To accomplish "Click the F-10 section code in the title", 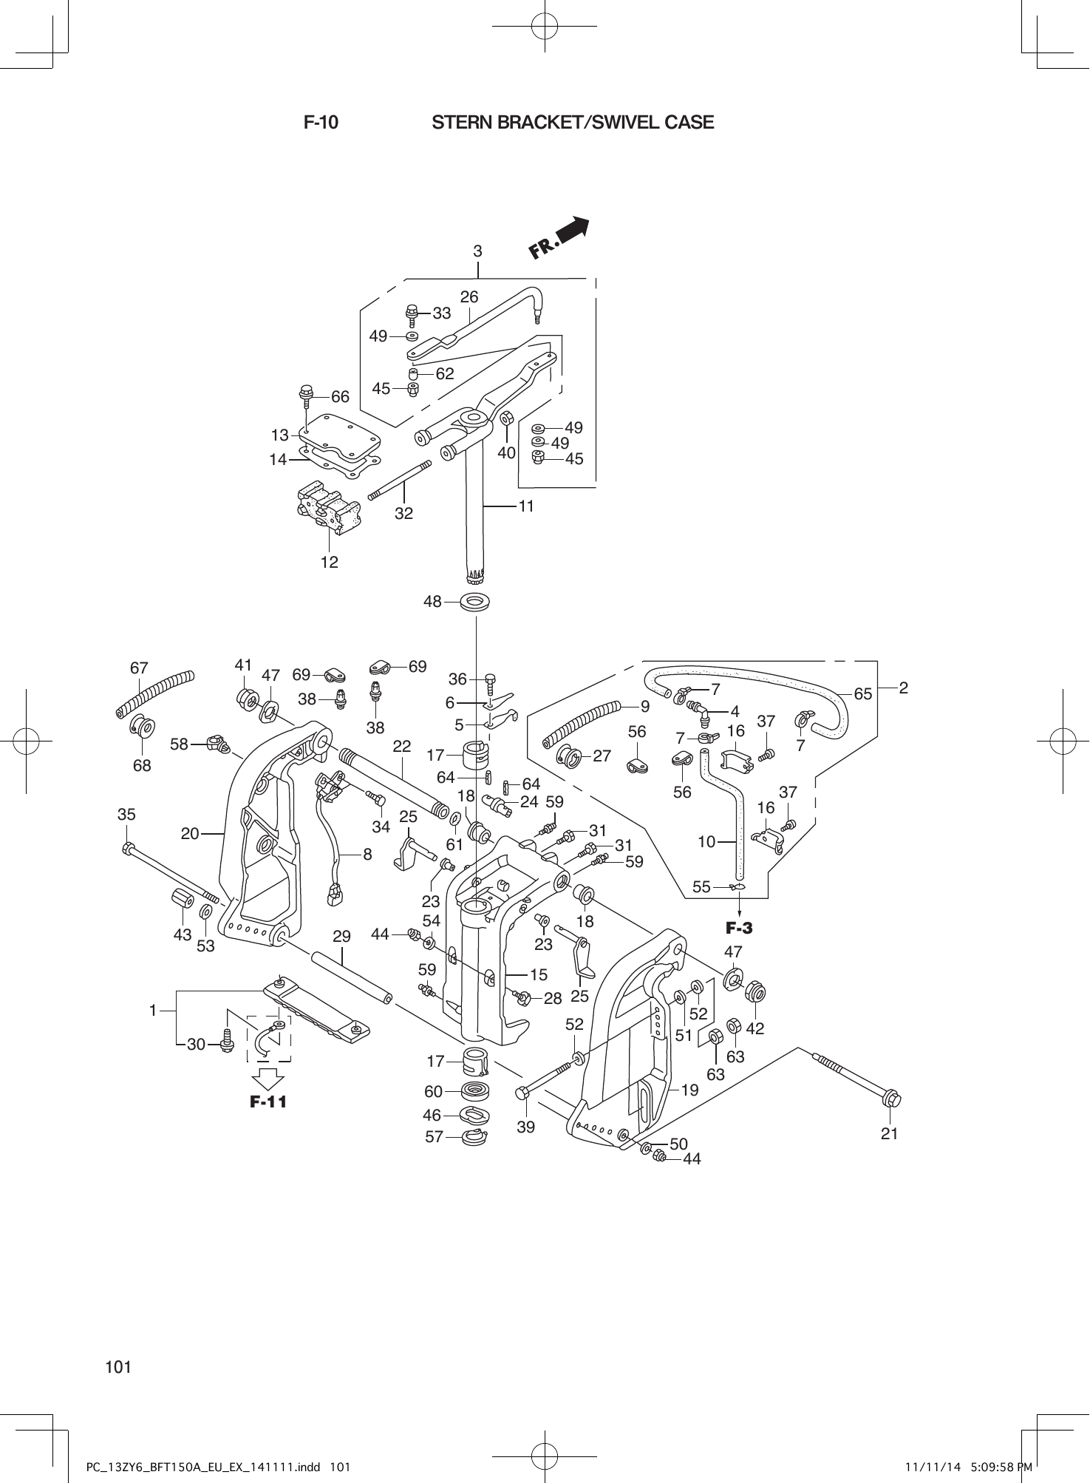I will pos(321,123).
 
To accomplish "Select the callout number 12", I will pos(329,562).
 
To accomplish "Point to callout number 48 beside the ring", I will pos(432,602).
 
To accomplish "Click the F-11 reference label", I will pos(268,1102).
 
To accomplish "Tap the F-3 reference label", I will pos(738,928).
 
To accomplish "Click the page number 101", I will pos(118,1367).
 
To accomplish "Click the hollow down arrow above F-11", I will pos(268,1078).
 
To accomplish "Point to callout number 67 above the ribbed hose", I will pos(139,668).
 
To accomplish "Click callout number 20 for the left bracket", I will pos(190,833).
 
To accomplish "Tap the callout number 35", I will pos(126,815).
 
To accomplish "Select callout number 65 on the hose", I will pos(862,693).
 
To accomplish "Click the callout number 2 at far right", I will pos(903,688).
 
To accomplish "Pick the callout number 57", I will pos(434,1137).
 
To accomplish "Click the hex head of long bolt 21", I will pos(891,1100).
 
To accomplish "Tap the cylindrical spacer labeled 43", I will pos(179,901).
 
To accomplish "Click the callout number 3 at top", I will pos(478,251).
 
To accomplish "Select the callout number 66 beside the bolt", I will pos(340,397).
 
